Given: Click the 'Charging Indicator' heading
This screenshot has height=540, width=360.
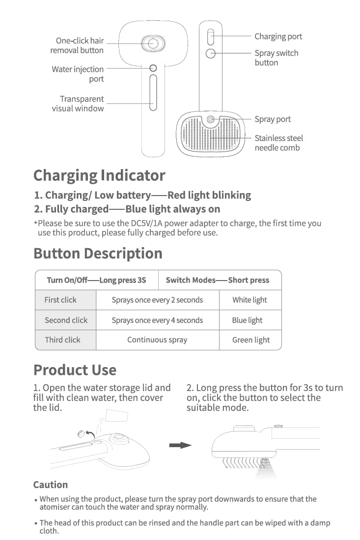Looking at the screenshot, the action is [99, 175].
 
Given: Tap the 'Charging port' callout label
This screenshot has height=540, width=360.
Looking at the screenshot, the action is [278, 36].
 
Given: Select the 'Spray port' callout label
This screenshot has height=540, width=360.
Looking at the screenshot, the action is [273, 119].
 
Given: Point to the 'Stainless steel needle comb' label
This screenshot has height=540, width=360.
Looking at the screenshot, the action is [279, 143].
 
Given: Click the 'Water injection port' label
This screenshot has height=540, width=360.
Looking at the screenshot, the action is [78, 74].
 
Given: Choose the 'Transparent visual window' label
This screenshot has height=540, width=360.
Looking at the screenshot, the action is [78, 104].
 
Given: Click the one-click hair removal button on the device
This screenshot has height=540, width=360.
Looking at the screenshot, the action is [153, 43].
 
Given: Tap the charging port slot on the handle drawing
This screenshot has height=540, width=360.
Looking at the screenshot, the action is [211, 37].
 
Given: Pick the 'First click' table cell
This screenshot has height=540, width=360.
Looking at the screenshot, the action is [65, 300].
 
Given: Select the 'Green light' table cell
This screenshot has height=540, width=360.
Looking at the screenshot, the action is [250, 340].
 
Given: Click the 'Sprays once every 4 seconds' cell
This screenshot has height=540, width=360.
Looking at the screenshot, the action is [157, 320].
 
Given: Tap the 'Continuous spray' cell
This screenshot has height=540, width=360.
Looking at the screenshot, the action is [157, 340].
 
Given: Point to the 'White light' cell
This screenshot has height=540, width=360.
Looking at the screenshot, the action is [250, 300].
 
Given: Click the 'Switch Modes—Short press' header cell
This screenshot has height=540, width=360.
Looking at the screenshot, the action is [218, 280].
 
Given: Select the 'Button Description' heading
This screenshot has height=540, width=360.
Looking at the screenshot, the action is [98, 254].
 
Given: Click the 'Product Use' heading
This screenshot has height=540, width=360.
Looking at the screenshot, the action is [75, 370].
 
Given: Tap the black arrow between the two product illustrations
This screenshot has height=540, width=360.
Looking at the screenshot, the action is [180, 445].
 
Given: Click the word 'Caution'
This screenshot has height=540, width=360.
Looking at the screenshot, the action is [51, 484].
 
